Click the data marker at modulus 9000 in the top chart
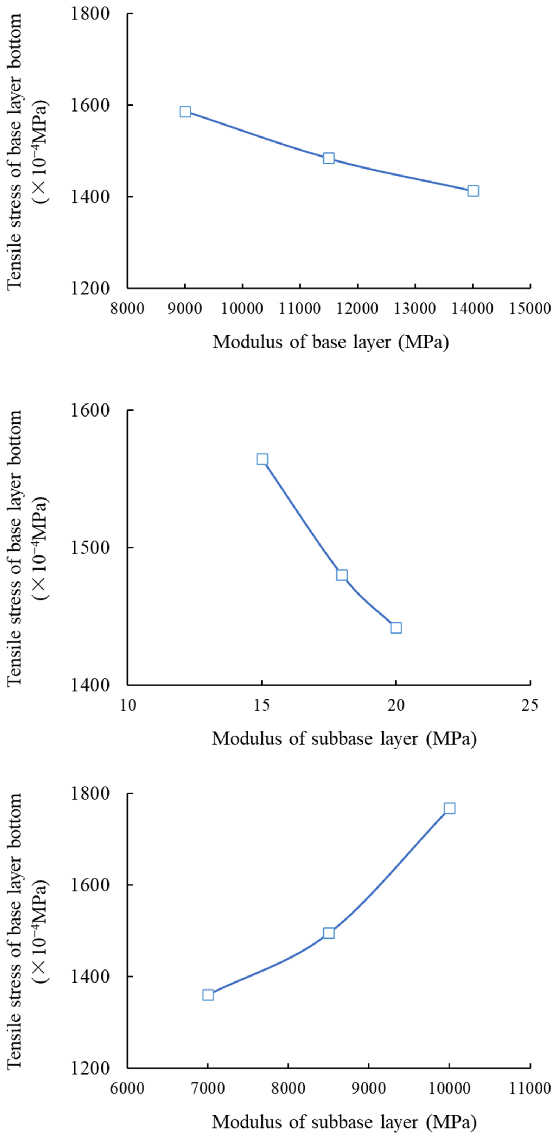(185, 112)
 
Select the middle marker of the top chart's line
(328, 158)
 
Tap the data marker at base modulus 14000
(473, 191)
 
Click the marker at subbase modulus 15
(262, 459)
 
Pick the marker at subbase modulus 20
(396, 628)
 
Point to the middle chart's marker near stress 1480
(342, 575)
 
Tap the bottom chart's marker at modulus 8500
(328, 933)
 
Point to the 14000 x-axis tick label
(472, 308)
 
